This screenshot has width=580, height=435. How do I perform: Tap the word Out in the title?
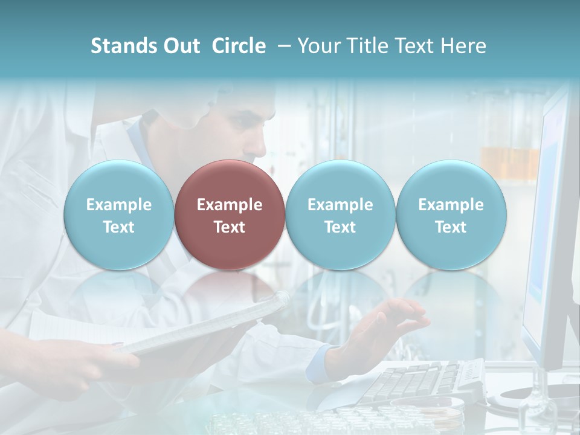coord(180,46)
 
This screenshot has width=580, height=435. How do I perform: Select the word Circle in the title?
coord(239,46)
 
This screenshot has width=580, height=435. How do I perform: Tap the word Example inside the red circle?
coord(230,205)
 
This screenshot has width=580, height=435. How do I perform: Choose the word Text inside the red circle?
coord(230,227)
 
